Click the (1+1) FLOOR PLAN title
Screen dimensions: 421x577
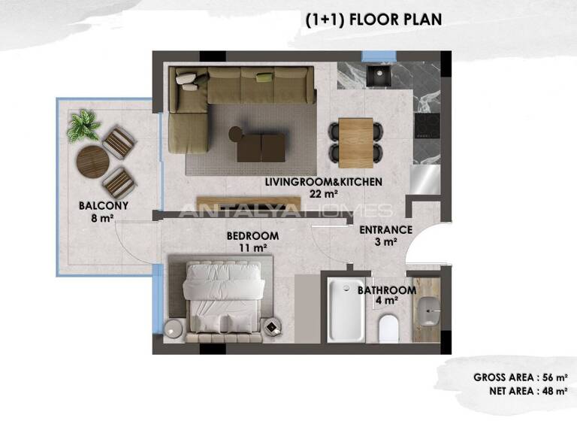click(373, 20)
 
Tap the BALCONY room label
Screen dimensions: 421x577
click(104, 205)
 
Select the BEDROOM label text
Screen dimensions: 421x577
click(252, 236)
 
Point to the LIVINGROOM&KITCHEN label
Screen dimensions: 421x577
click(324, 182)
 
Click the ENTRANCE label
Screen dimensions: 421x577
click(385, 230)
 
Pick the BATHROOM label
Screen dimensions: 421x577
click(386, 290)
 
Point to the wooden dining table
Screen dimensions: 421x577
click(355, 142)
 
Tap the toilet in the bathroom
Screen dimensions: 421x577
click(388, 328)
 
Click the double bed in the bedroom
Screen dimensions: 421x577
click(223, 297)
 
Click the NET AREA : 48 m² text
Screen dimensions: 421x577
click(525, 391)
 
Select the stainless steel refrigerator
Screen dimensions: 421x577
click(426, 177)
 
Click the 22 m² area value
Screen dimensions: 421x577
click(324, 193)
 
